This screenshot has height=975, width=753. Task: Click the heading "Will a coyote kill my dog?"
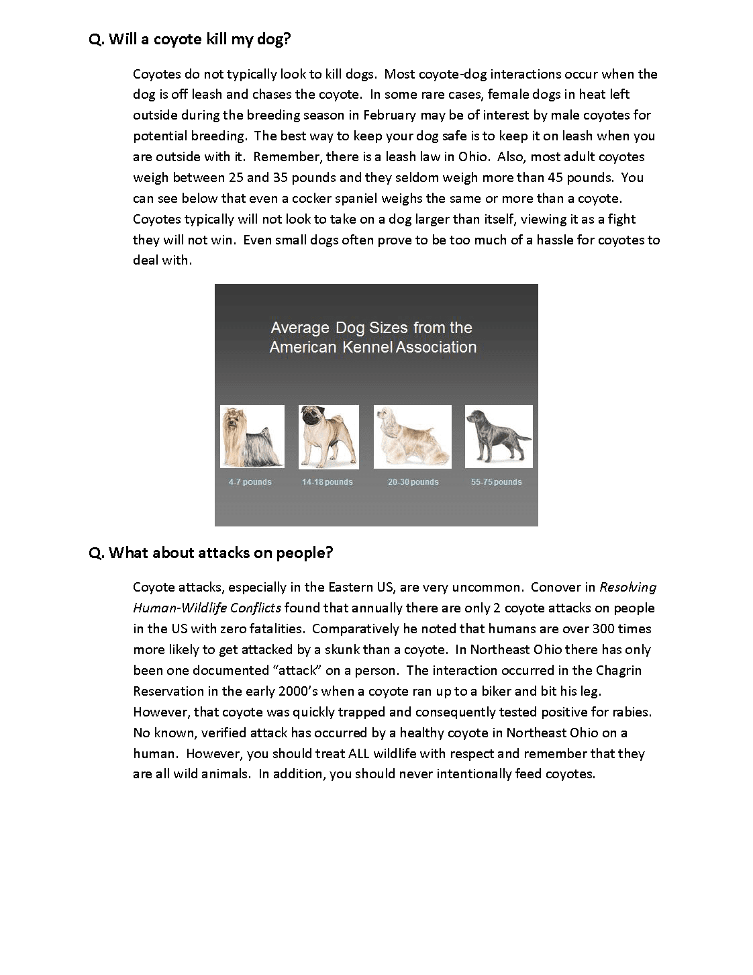pyautogui.click(x=190, y=39)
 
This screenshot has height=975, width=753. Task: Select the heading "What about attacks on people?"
pyautogui.click(x=211, y=553)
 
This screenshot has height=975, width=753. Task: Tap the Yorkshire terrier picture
pyautogui.click(x=252, y=436)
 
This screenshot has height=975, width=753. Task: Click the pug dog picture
pyautogui.click(x=328, y=436)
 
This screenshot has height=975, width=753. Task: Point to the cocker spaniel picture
pyautogui.click(x=412, y=436)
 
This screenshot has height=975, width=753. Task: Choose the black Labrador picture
pyautogui.click(x=499, y=436)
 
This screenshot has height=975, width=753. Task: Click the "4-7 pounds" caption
pyautogui.click(x=250, y=482)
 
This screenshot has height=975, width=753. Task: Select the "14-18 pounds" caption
pyautogui.click(x=327, y=482)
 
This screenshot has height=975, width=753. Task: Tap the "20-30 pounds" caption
pyautogui.click(x=413, y=482)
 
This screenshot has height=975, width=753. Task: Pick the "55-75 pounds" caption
pyautogui.click(x=496, y=482)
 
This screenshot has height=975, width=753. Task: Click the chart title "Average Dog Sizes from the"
pyautogui.click(x=371, y=328)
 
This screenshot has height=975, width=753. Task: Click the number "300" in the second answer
pyautogui.click(x=604, y=629)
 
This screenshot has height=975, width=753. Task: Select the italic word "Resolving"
pyautogui.click(x=627, y=588)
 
